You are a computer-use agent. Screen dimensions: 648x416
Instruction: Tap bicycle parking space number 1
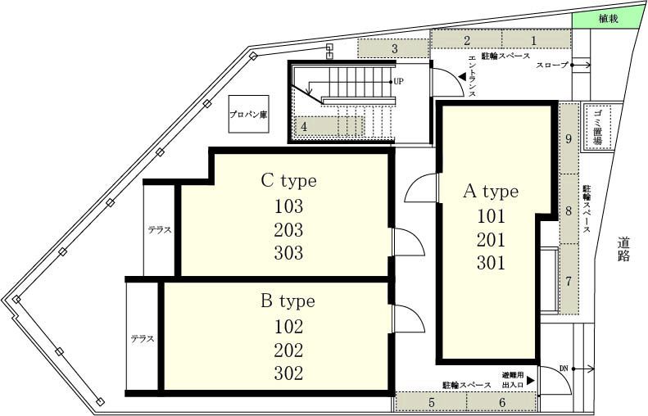pyautogui.click(x=537, y=39)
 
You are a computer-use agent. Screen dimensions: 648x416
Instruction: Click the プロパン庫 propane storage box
pyautogui.click(x=249, y=114)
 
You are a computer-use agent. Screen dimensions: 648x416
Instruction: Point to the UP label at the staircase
pyautogui.click(x=398, y=81)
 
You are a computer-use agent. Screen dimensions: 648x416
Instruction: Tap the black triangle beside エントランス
pyautogui.click(x=462, y=77)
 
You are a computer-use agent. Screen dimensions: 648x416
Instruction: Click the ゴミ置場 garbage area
pyautogui.click(x=596, y=127)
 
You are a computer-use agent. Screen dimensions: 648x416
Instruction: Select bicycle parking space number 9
pyautogui.click(x=569, y=138)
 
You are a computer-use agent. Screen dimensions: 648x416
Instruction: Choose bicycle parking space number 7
pyautogui.click(x=569, y=281)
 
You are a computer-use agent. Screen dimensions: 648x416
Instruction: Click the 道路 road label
pyautogui.click(x=623, y=249)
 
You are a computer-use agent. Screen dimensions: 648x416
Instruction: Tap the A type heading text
pyautogui.click(x=491, y=192)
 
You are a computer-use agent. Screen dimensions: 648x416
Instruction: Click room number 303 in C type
pyautogui.click(x=288, y=253)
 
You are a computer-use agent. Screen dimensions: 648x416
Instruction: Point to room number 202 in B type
pyautogui.click(x=288, y=350)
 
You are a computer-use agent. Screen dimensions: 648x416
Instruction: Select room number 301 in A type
pyautogui.click(x=491, y=263)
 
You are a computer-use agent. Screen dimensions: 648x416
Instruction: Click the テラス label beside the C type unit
pyautogui.click(x=160, y=230)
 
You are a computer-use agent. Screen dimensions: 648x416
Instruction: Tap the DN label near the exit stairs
pyautogui.click(x=564, y=369)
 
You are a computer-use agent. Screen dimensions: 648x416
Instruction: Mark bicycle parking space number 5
pyautogui.click(x=432, y=402)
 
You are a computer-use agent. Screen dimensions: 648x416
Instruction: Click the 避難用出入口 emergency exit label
pyautogui.click(x=513, y=380)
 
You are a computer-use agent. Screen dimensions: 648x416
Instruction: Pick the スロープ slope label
pyautogui.click(x=552, y=65)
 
